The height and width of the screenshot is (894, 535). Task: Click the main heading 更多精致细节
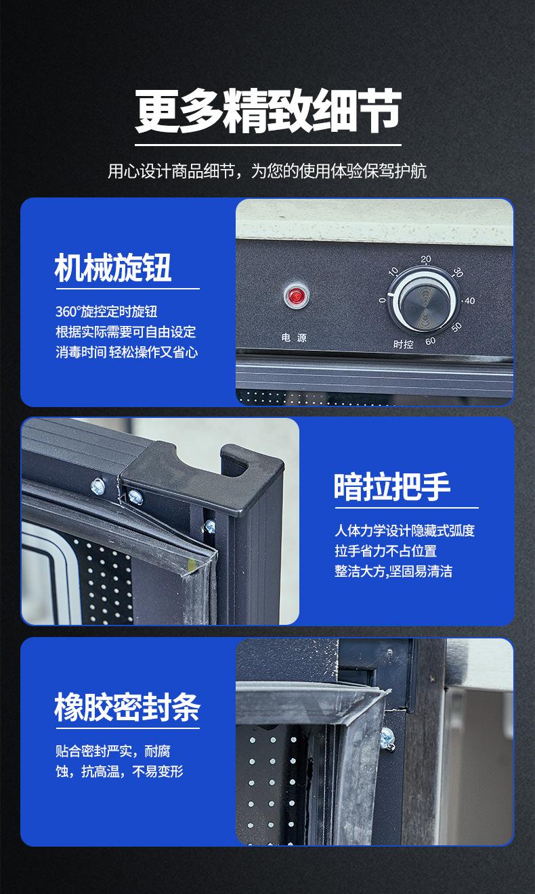tap(267, 111)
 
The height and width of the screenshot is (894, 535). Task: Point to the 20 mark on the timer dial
tap(426, 259)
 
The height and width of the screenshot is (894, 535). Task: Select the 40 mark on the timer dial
tap(469, 300)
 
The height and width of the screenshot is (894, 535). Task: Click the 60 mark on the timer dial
tap(430, 342)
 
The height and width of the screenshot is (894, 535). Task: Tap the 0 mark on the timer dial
tap(383, 300)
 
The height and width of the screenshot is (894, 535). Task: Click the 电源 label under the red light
tap(294, 337)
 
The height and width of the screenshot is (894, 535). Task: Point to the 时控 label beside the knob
tap(403, 344)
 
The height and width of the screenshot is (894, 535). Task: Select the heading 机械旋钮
tap(113, 267)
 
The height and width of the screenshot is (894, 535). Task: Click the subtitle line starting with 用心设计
tap(267, 171)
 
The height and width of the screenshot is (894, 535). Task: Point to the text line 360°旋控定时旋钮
tap(106, 312)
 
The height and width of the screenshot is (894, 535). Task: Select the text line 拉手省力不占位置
tap(385, 551)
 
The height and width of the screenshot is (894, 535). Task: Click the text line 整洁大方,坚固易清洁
tap(393, 571)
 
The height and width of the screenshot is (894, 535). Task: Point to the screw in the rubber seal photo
tap(387, 738)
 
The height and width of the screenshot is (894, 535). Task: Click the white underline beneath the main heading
tap(268, 145)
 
